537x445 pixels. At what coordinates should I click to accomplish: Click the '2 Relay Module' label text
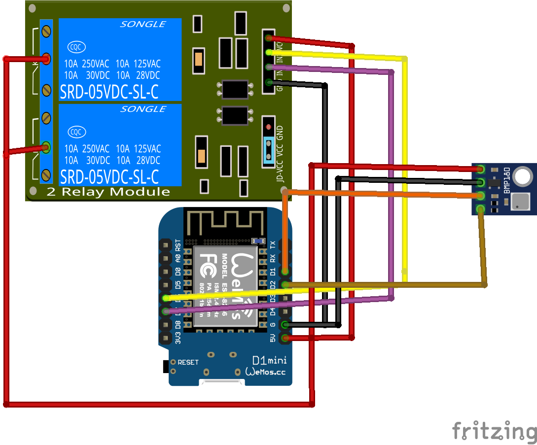point(108,192)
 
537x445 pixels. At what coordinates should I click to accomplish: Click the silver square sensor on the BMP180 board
point(521,201)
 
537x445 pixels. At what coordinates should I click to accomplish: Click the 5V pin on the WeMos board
point(285,338)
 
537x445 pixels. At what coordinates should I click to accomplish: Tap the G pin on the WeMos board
point(285,325)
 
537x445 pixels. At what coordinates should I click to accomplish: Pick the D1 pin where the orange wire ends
point(285,271)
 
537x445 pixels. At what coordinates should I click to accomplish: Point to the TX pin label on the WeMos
point(273,244)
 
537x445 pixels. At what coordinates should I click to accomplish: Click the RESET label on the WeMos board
point(188,362)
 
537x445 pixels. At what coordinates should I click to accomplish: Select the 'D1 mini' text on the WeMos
point(266,361)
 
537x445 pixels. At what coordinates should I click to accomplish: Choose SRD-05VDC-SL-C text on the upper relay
point(109,92)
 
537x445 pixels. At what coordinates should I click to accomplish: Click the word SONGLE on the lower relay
point(143,109)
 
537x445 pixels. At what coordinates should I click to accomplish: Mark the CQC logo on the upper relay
point(76,47)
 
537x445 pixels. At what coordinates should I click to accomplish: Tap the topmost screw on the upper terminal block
point(46,32)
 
